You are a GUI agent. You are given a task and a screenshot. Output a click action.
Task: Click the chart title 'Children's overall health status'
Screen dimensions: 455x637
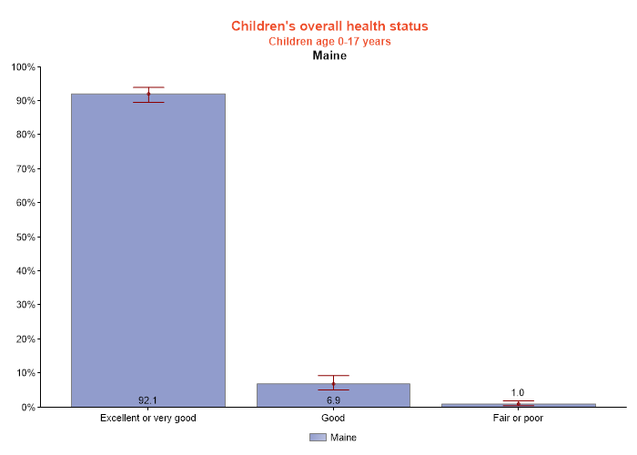pos(329,26)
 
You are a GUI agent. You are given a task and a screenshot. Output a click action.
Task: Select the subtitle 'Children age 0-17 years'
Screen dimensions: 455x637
pos(329,41)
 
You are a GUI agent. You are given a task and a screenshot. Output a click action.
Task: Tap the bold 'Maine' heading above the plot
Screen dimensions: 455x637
pos(329,56)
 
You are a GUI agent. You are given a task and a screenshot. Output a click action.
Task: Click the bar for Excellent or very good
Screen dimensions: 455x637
pos(148,246)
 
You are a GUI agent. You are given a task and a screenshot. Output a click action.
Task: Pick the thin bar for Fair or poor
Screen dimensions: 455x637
pos(518,405)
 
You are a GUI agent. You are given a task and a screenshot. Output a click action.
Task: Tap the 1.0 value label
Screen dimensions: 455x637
pos(518,393)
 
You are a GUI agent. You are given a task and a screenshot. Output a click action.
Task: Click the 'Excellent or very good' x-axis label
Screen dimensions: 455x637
pos(148,419)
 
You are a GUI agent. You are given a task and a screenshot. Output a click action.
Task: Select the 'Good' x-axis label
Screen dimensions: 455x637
pos(333,419)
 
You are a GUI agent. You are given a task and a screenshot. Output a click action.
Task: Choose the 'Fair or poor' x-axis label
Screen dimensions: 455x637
pos(518,419)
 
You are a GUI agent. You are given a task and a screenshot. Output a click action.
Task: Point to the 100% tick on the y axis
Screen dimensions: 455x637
pos(22,67)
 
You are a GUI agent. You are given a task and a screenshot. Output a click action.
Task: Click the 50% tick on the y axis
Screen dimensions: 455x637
pos(24,238)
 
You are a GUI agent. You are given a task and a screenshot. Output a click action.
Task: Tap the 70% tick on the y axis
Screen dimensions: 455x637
pos(24,169)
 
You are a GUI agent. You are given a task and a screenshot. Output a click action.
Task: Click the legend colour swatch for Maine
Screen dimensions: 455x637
pos(318,438)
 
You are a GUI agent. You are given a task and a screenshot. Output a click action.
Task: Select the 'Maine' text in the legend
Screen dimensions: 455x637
pos(343,438)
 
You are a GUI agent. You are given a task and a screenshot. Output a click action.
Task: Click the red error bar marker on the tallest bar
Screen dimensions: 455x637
pos(148,94)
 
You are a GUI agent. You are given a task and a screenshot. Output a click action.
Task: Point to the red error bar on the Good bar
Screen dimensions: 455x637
pos(333,383)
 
